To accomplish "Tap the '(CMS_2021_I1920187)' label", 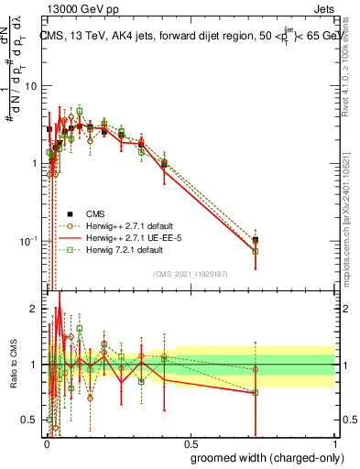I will pyautogui.click(x=191, y=274).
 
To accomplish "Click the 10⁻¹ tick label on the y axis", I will pyautogui.click(x=27, y=241).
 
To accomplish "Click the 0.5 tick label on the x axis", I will pyautogui.click(x=190, y=442).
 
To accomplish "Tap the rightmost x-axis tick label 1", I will pyautogui.click(x=334, y=442).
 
